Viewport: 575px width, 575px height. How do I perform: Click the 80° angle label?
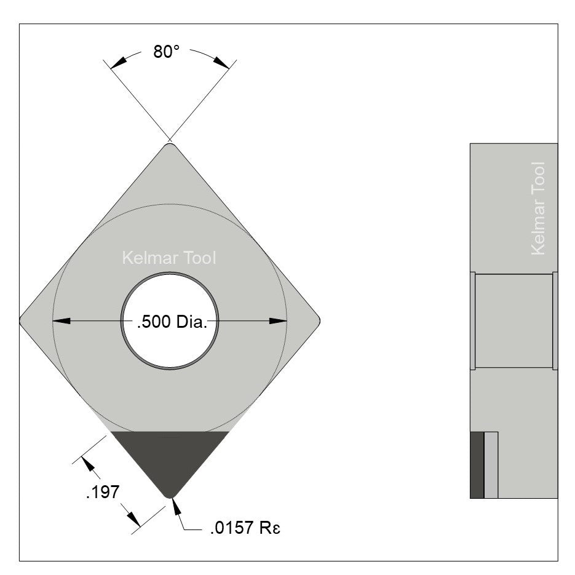pyautogui.click(x=166, y=52)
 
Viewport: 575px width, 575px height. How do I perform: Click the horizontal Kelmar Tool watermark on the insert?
pyautogui.click(x=169, y=258)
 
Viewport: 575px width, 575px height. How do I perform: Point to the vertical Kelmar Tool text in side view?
pyautogui.click(x=537, y=208)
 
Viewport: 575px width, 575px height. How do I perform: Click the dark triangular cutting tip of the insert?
pyautogui.click(x=170, y=459)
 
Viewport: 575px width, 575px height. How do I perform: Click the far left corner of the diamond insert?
pyautogui.click(x=23, y=320)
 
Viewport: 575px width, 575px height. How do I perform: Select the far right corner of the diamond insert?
pyautogui.click(x=317, y=320)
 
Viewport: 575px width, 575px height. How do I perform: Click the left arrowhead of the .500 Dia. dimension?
pyautogui.click(x=61, y=320)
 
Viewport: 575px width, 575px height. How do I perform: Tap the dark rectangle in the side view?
pyautogui.click(x=477, y=465)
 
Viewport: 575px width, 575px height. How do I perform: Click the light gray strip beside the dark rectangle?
pyautogui.click(x=491, y=465)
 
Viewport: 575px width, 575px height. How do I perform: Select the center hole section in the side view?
pyautogui.click(x=514, y=320)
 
